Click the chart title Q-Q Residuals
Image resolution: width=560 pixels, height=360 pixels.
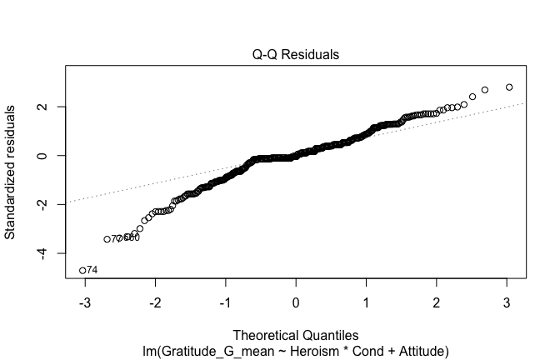point(297,55)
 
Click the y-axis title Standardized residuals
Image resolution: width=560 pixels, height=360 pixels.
point(11,172)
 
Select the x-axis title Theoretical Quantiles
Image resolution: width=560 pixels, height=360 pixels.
point(296,337)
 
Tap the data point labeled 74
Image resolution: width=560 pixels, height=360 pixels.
point(82,270)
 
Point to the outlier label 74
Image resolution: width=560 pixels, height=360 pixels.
point(92,270)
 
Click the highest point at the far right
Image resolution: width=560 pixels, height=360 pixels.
point(509,87)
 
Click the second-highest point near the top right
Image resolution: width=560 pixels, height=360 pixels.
point(485,90)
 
